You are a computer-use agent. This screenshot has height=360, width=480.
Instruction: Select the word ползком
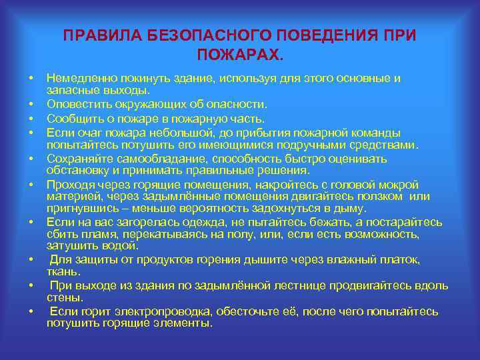click(x=384, y=196)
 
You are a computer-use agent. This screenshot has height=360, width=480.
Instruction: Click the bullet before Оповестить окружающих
click(x=31, y=105)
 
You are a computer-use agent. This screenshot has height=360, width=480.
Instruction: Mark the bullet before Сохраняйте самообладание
click(x=31, y=159)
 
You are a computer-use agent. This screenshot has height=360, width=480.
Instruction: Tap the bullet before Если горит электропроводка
click(x=31, y=311)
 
